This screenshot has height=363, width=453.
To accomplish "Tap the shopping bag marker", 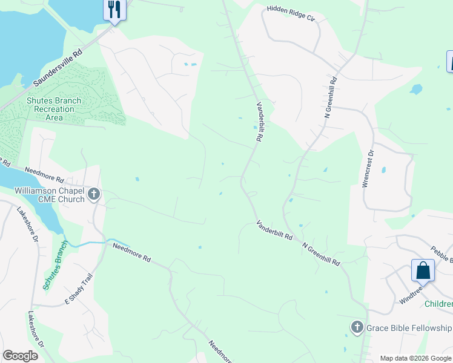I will [423, 270].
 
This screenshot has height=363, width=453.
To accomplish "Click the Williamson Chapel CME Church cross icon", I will [93, 195].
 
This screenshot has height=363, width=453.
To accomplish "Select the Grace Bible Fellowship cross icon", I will [357, 328].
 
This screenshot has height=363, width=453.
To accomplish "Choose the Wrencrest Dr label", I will [367, 169].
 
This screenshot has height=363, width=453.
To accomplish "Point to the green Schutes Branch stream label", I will [53, 269].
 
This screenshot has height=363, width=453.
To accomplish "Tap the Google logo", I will [20, 356].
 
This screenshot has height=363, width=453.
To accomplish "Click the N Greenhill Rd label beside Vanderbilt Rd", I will [322, 255].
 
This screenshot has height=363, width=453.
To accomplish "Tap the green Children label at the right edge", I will [438, 304].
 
